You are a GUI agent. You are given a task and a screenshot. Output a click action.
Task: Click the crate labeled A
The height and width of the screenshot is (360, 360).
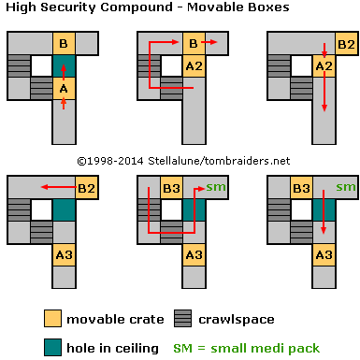(64, 89)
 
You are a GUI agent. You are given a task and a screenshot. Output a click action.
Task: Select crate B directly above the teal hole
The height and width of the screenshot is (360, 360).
(64, 43)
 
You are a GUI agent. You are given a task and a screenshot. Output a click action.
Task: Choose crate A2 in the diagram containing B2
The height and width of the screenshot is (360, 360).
(323, 66)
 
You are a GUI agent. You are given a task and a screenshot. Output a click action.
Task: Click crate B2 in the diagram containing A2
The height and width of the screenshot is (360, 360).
(345, 43)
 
